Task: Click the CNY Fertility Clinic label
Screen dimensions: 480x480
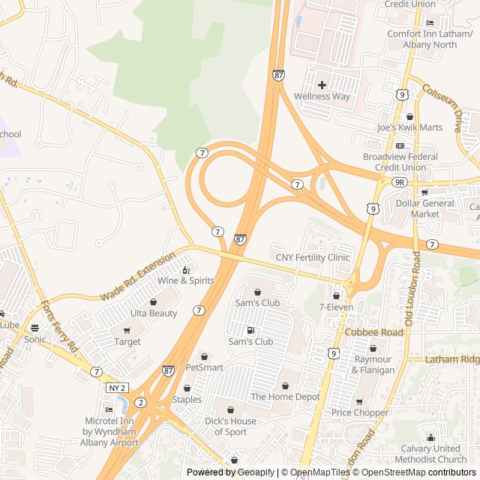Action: tap(313, 257)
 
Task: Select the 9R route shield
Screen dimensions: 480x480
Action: tap(399, 181)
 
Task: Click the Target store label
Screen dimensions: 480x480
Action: tap(127, 342)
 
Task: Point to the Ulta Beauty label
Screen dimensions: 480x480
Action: tap(153, 313)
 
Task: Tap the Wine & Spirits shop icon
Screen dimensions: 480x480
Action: tap(186, 269)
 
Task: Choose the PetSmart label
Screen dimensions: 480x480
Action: tap(204, 367)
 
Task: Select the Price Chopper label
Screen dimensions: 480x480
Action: tap(360, 412)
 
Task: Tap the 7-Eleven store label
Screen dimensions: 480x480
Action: tap(336, 307)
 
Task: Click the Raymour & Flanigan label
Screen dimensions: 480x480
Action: tap(373, 364)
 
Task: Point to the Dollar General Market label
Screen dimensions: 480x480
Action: tap(425, 208)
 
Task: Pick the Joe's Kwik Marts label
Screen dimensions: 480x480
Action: tap(409, 127)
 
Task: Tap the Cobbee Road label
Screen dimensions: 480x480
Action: tap(373, 331)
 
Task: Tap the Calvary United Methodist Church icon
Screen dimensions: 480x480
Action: tap(430, 438)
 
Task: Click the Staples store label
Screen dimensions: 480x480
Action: tap(187, 399)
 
